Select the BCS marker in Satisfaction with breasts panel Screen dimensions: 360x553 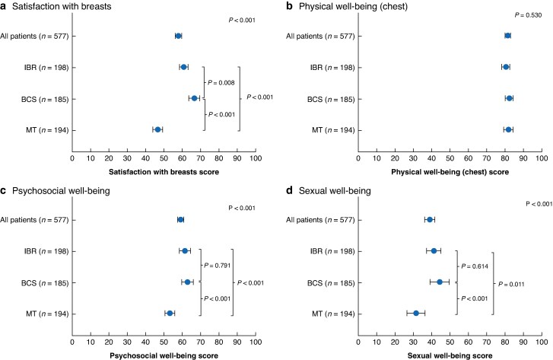click(194, 98)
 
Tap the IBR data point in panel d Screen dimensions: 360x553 click(434, 250)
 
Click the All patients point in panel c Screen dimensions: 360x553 click(180, 219)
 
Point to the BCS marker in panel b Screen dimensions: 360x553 click(509, 98)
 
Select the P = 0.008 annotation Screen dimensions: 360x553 click(223, 82)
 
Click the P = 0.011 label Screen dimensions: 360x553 click(510, 283)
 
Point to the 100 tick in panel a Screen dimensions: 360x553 click(256, 158)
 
